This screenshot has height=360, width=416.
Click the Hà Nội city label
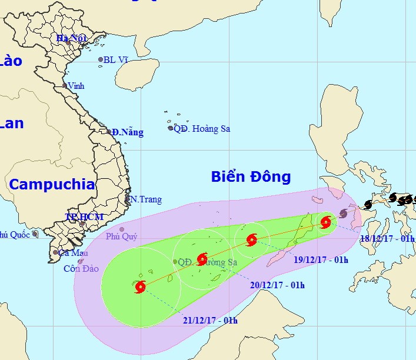coord(71,38)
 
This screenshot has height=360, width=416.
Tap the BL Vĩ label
coord(117,59)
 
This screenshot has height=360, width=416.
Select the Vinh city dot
coord(65,86)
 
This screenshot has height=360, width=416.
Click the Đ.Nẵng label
coord(128,132)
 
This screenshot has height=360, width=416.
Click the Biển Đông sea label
coord(251,176)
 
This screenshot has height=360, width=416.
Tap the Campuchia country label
coord(52,184)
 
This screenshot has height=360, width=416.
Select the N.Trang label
coord(146,199)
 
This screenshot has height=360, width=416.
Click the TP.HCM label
coord(84,217)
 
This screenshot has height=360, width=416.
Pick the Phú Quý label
coord(122,237)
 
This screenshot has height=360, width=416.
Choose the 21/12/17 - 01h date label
coord(209,320)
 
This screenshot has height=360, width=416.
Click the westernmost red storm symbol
coord(140,287)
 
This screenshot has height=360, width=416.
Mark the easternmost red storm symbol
coord(325,222)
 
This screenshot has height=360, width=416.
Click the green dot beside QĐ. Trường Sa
coord(175,262)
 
